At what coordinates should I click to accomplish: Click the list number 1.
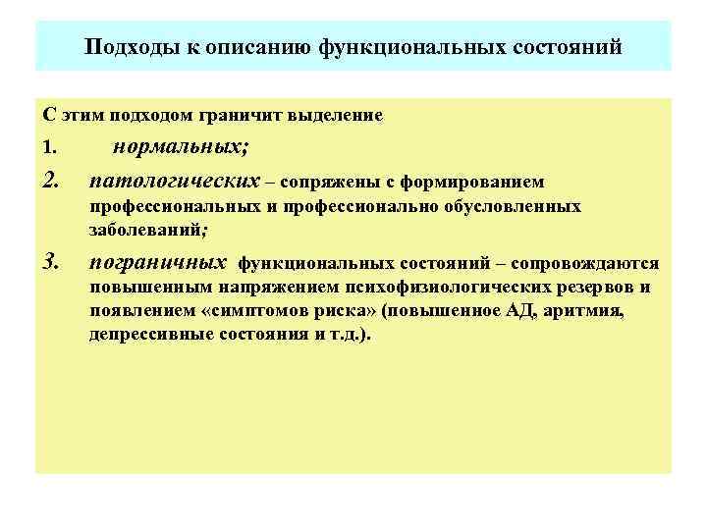coord(50,148)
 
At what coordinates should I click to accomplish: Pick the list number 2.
coord(52,181)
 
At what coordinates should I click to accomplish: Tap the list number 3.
coord(52,262)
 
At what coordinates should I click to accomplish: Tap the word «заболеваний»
coord(146,230)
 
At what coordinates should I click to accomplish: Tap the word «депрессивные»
coord(146,334)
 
